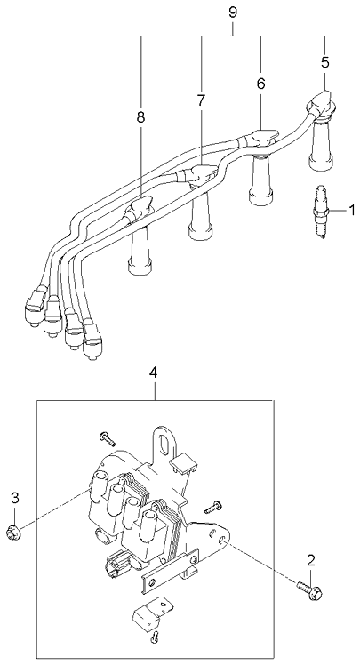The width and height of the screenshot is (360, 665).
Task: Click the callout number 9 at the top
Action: [x=233, y=12]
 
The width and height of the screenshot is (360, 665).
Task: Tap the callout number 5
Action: [x=324, y=62]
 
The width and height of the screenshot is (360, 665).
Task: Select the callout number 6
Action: [x=260, y=84]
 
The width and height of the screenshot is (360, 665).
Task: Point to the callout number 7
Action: [x=201, y=100]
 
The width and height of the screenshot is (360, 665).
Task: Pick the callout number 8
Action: [x=140, y=117]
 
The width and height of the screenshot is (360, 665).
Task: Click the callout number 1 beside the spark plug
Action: [x=351, y=211]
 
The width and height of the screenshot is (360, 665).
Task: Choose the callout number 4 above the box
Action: [x=154, y=373]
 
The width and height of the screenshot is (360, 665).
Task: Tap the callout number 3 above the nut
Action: [x=15, y=498]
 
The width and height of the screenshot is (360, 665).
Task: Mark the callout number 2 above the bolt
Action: [x=311, y=560]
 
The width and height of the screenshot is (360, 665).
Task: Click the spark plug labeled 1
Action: [x=321, y=212]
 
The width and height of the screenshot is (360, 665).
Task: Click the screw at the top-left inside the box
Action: [x=108, y=438]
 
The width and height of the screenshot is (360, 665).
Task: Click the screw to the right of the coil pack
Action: [x=212, y=506]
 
